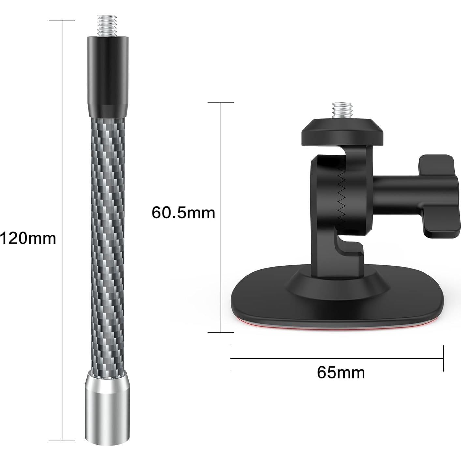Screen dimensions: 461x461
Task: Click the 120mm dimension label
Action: click(28, 238)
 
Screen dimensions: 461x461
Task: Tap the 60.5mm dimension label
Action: click(183, 213)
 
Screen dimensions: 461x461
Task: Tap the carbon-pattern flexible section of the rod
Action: click(106, 228)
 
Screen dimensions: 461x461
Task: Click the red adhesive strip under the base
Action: click(336, 324)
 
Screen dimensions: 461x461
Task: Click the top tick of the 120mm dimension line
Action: click(62, 20)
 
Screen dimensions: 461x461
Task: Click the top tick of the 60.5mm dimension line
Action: click(221, 102)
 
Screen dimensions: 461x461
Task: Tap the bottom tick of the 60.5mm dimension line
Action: click(221, 332)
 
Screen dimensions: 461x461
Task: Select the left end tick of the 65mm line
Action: click(230, 358)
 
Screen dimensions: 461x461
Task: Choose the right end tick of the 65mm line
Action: click(443, 358)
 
